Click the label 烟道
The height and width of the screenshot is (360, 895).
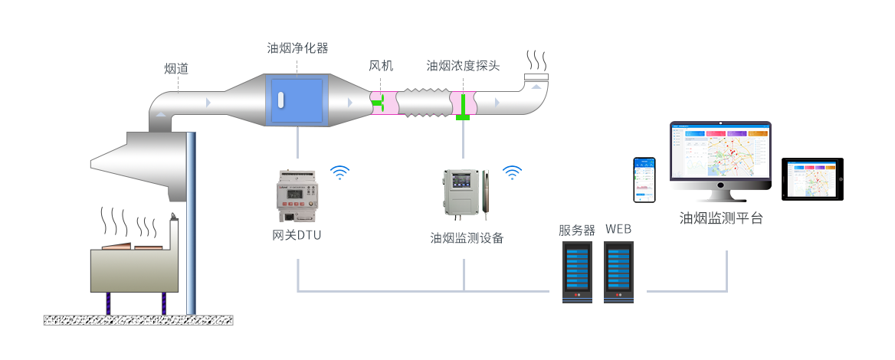click(176, 69)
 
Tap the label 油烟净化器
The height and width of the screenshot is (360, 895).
click(297, 48)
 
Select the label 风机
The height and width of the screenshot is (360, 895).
click(381, 66)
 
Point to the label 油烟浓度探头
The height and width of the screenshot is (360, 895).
click(463, 66)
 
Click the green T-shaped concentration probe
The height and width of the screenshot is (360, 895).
click(464, 106)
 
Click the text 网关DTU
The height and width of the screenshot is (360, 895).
click(297, 234)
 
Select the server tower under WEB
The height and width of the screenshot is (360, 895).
click(618, 272)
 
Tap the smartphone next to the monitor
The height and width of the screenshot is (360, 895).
click(644, 180)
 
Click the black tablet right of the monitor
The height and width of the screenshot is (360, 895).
click(812, 179)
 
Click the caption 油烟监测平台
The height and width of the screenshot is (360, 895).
click(721, 218)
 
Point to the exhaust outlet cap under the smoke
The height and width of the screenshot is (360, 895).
click(536, 77)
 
